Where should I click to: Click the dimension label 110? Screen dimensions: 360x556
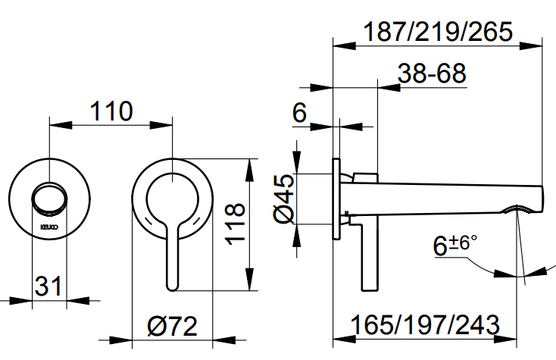click(111, 111)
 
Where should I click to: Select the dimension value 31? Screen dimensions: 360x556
click(48, 287)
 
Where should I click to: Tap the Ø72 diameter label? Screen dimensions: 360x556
click(172, 327)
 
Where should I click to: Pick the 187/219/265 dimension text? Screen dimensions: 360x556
click(439, 33)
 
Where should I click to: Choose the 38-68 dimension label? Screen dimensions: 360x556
click(431, 74)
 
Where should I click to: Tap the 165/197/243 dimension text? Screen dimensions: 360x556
click(426, 326)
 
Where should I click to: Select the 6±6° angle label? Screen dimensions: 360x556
click(454, 245)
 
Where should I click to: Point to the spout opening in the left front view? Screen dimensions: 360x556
click(49, 199)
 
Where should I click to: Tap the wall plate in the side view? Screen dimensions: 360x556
click(336, 199)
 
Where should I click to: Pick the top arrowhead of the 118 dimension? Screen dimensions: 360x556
click(251, 164)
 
